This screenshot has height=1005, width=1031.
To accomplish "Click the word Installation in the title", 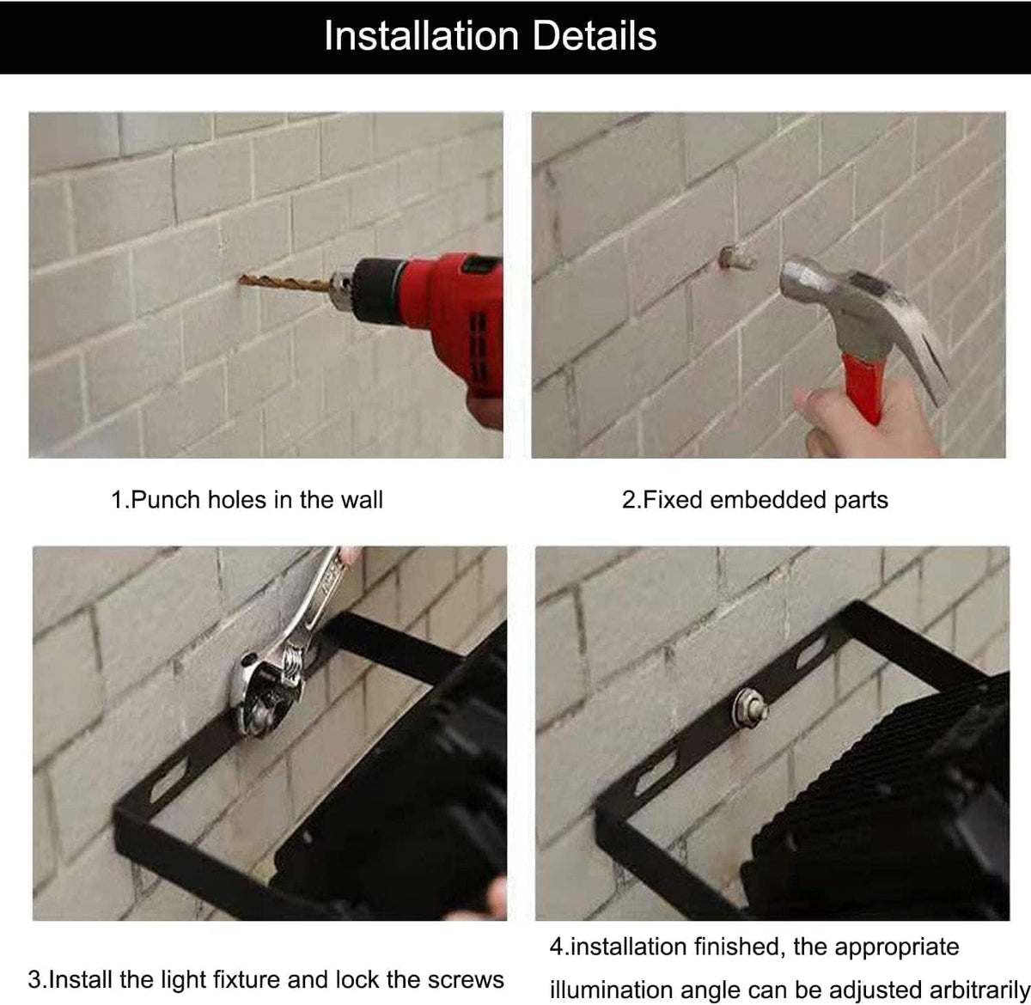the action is click(421, 36).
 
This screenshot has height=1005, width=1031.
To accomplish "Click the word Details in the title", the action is click(595, 36).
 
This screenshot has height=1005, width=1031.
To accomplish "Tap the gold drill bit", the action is click(284, 283).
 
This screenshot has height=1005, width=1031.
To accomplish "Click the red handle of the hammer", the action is click(864, 387).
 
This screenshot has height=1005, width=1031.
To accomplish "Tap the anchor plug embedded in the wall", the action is click(737, 258).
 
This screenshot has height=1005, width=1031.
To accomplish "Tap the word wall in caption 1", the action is click(363, 500).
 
